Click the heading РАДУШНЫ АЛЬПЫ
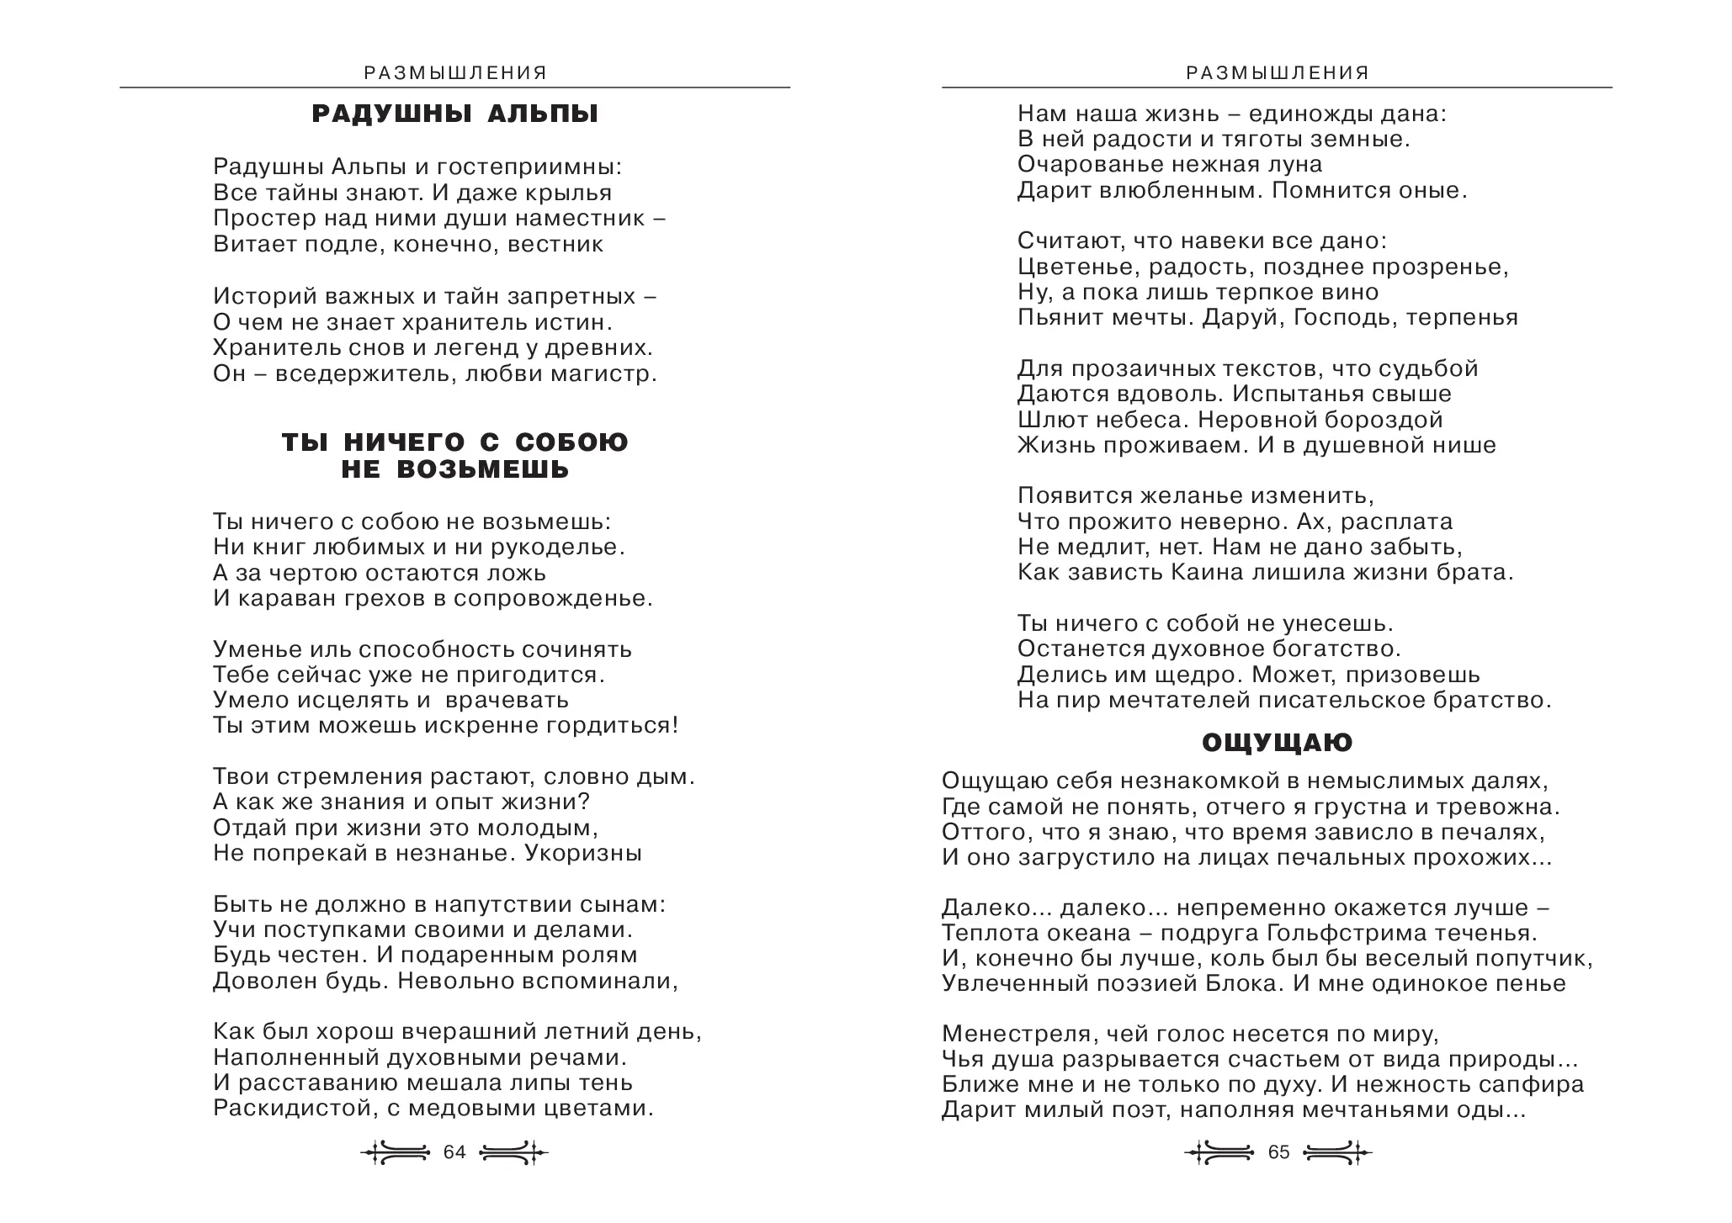point(454,114)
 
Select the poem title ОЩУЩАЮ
point(1277,743)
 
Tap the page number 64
point(454,1152)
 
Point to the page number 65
point(1278,1152)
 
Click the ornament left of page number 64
point(396,1152)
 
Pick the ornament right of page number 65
point(1337,1152)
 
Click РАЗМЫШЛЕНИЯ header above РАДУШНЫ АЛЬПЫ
point(455,73)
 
